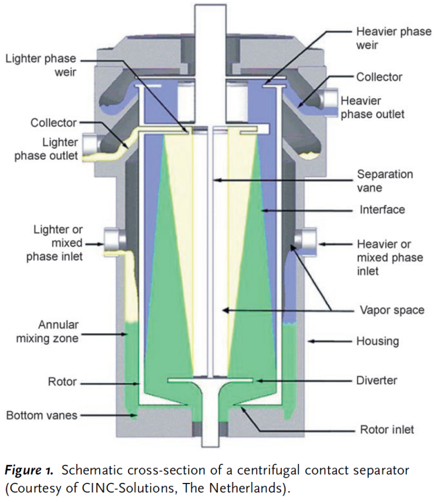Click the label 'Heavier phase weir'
394,39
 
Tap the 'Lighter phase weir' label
40,64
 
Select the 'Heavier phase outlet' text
373,107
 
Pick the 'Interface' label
382,210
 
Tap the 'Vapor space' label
392,309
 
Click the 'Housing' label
378,340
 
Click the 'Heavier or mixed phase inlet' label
390,258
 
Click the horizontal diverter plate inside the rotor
211,380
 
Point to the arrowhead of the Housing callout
311,342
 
